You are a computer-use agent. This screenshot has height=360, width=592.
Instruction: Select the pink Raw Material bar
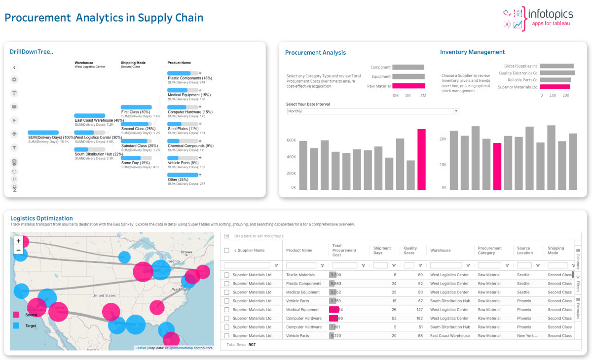point(408,86)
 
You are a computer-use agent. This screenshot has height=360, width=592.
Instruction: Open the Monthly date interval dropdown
point(372,111)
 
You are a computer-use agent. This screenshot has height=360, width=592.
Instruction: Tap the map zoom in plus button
point(18,241)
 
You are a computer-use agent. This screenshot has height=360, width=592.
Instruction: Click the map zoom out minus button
point(18,250)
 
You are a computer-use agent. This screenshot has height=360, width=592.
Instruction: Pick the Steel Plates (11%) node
point(179,129)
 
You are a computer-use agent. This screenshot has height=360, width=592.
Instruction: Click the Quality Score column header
point(410,251)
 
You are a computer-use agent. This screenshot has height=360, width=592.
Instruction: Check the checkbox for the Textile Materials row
point(226,275)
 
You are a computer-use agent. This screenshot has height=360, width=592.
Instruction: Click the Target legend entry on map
point(31,325)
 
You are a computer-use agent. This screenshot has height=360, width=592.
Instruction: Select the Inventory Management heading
point(472,52)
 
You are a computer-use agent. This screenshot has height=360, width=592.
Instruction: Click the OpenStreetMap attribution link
point(181,348)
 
